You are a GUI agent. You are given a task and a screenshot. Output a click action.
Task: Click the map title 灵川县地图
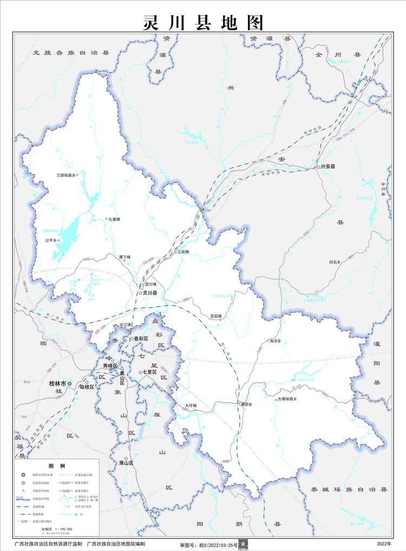click(203, 22)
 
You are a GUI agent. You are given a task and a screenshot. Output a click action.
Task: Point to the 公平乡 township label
click(51, 240)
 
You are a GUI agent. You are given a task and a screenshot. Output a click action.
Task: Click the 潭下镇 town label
click(125, 257)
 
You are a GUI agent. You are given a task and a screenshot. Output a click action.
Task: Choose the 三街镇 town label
click(183, 252)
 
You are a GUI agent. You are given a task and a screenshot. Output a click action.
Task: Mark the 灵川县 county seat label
click(149, 293)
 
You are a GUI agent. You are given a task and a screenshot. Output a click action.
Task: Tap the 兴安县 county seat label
click(328, 167)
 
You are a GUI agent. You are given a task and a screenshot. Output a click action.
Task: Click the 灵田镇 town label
click(216, 316)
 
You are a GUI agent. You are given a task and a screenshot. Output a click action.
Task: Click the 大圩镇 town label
click(190, 405)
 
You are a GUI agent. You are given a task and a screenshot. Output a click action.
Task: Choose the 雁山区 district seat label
click(126, 463)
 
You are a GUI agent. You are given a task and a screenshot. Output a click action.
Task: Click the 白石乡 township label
click(336, 262)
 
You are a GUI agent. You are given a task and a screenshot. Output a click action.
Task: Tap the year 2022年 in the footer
click(384, 543)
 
